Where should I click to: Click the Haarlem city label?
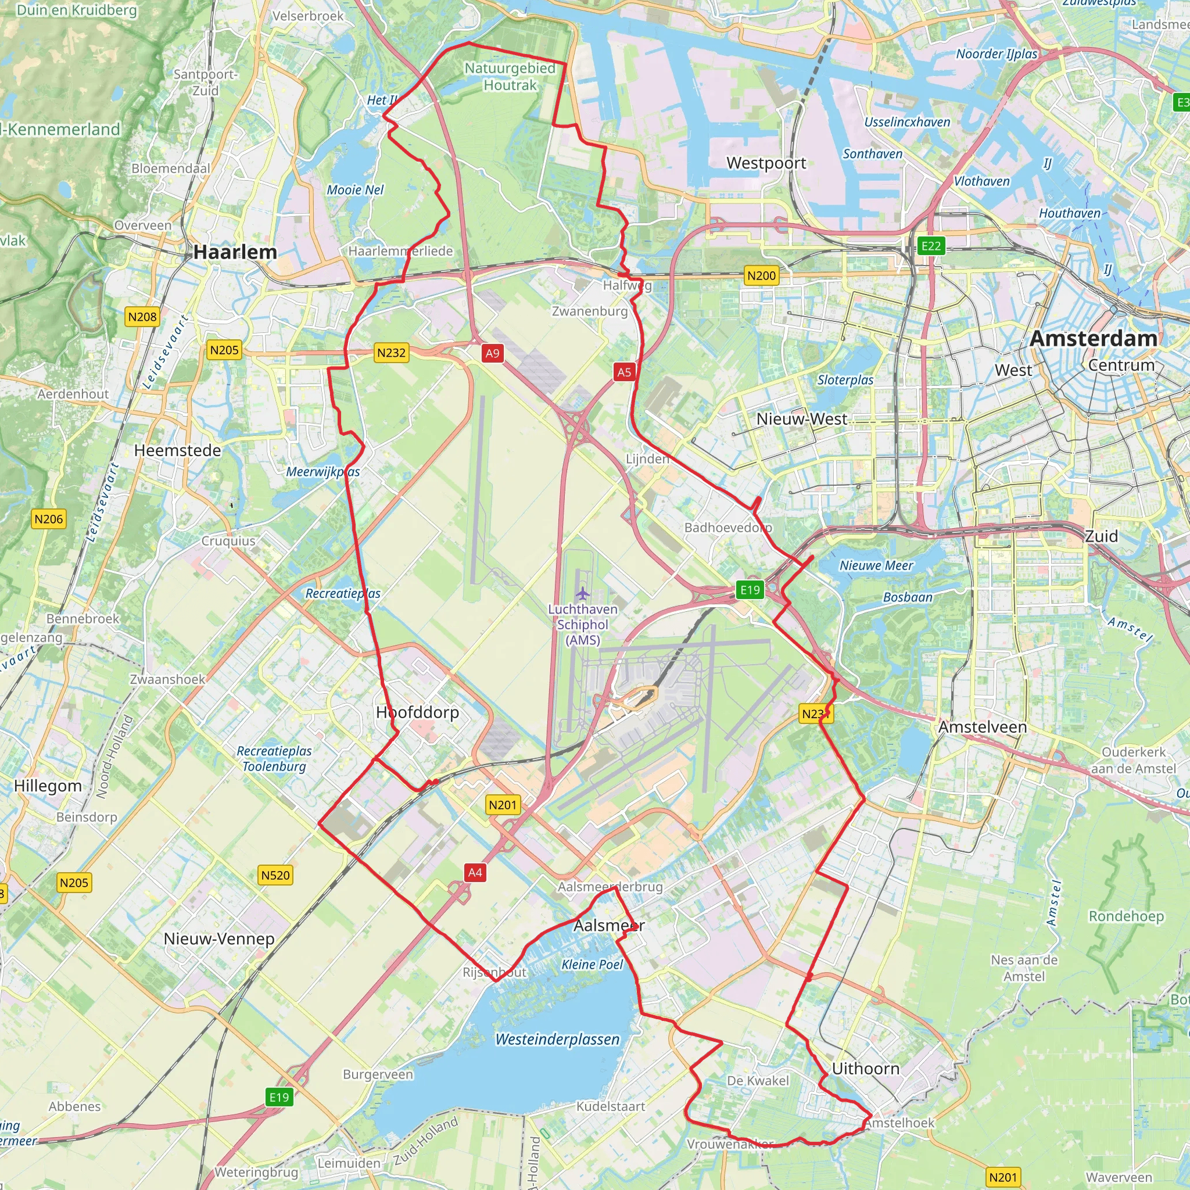[235, 252]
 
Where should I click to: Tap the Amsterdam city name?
[1094, 338]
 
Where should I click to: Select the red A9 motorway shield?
[492, 353]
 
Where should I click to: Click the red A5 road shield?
[624, 371]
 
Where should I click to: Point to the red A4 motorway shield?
[475, 872]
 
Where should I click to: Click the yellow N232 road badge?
[391, 352]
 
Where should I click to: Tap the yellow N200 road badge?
[761, 275]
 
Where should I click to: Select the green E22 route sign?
[931, 246]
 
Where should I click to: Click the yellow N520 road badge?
[275, 874]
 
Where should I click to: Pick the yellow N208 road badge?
[142, 317]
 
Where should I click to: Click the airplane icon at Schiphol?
[583, 594]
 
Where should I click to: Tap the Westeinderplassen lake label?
[557, 1039]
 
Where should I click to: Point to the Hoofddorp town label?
[418, 712]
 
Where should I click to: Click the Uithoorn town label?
[865, 1069]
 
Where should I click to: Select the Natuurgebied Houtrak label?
[510, 76]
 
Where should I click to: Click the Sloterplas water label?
[845, 380]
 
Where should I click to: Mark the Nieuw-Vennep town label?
[218, 939]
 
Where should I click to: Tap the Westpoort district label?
[766, 163]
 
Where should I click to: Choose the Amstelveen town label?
[983, 727]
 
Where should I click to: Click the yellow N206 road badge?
[49, 519]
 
